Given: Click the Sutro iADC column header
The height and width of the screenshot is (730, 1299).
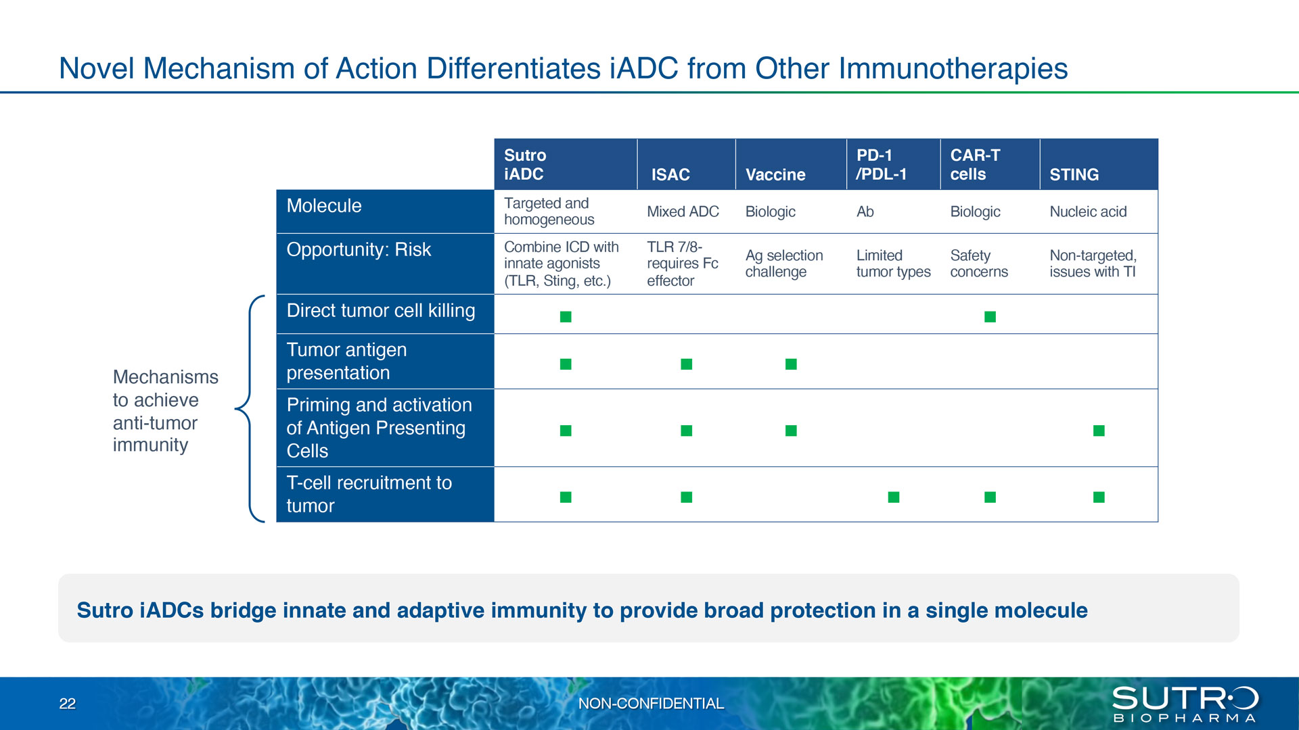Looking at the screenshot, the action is (525, 164).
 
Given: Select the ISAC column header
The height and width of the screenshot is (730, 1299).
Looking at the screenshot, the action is (670, 174).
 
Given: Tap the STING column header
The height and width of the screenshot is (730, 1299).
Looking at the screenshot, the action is (1074, 174).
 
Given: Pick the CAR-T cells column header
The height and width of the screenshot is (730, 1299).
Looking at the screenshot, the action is (975, 164).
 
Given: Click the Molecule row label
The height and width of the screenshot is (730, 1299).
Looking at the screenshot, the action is (324, 205).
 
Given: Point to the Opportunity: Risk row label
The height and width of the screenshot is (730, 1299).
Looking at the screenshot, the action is (359, 249).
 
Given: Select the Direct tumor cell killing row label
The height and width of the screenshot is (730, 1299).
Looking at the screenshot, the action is (381, 310).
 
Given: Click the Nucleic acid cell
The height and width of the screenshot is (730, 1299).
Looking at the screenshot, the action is (1088, 212).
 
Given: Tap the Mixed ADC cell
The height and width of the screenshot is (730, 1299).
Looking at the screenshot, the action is (683, 212).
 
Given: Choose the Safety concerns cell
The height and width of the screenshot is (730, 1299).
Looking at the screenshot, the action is (979, 264).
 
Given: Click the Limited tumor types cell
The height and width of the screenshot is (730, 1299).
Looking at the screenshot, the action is (893, 264).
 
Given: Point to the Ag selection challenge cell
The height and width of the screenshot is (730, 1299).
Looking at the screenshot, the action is (784, 264).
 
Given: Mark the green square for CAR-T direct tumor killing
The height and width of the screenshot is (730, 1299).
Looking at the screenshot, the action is (990, 316).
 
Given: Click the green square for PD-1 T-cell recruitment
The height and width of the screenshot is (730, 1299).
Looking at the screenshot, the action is (894, 497).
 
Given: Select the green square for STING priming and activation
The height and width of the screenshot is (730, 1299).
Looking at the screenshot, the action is (1099, 431).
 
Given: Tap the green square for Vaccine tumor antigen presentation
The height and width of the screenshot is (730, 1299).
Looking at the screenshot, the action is (791, 364).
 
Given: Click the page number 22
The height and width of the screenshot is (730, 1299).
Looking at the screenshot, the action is (67, 704).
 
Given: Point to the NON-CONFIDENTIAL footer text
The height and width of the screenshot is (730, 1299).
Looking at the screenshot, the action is (651, 704).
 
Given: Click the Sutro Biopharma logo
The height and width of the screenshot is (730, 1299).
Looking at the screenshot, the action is (1185, 704).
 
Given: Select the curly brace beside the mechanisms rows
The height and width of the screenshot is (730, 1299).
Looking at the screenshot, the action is (250, 409).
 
